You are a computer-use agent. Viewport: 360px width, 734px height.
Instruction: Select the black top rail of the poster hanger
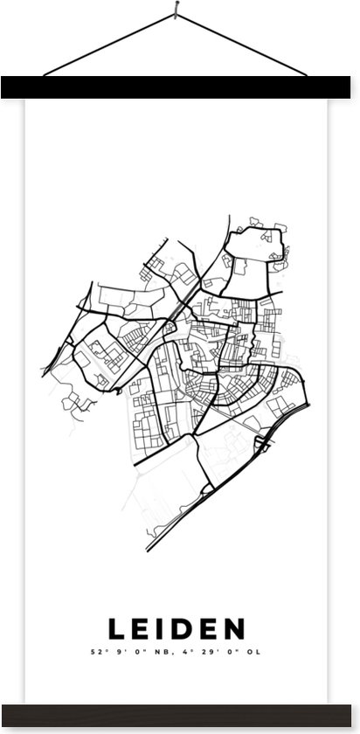[180, 87]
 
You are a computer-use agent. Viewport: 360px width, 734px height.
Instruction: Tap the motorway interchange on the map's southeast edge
[262, 443]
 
